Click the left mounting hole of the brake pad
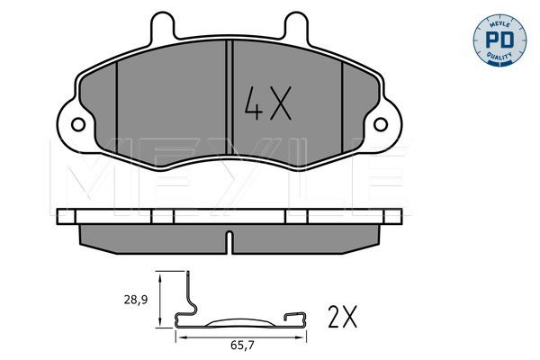(x=78, y=124)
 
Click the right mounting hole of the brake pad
(x=381, y=124)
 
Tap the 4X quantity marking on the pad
(x=268, y=103)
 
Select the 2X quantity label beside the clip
(x=343, y=317)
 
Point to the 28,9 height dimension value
(x=136, y=300)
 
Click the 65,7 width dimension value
(x=242, y=346)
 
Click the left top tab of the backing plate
(x=163, y=27)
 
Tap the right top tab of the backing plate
(x=296, y=27)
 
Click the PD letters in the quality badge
(x=499, y=40)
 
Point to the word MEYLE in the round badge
(x=499, y=23)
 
